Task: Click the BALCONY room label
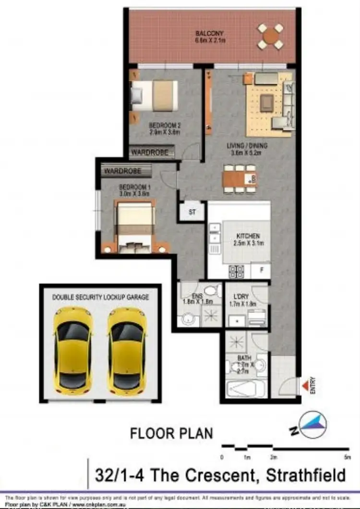(210, 34)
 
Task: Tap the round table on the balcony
(271, 36)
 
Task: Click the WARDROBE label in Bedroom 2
(150, 153)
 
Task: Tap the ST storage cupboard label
(192, 212)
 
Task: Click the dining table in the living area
(240, 179)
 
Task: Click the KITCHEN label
(248, 236)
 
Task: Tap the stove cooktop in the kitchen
(236, 272)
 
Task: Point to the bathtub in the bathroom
(247, 388)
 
